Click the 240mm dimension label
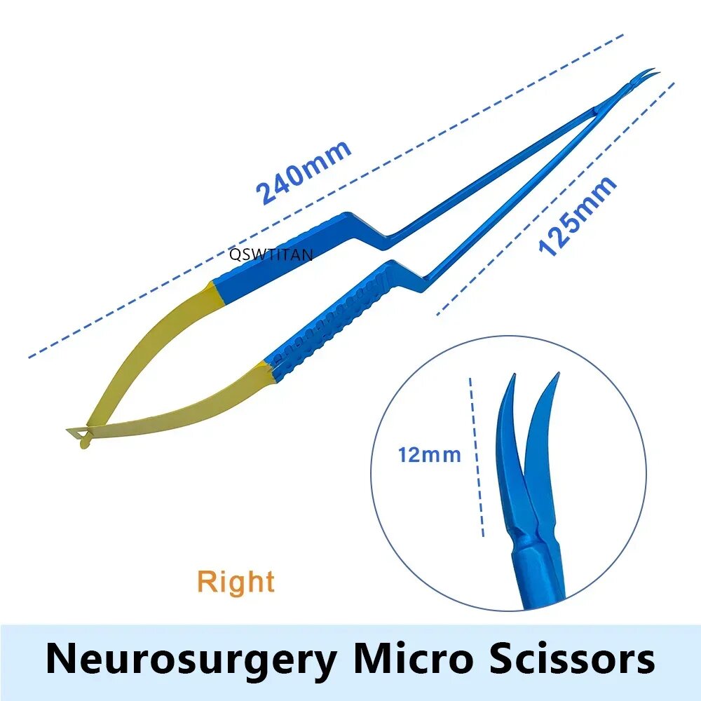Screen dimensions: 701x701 point(303,172)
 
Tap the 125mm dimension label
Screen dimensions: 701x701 point(577,217)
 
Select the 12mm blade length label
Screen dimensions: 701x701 point(429,455)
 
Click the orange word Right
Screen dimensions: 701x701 point(236,583)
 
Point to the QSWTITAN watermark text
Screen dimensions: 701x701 point(271,254)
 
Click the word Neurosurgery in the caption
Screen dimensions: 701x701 point(191,660)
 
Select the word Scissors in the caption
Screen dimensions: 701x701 point(572,659)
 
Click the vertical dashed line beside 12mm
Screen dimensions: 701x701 point(477,457)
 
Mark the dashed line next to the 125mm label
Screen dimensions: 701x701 point(555,199)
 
